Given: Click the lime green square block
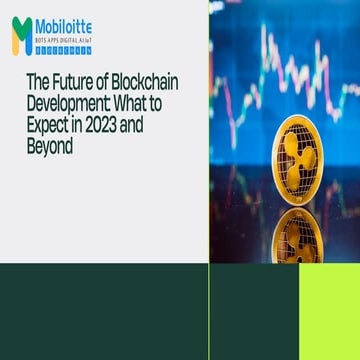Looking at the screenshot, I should pos(329,312).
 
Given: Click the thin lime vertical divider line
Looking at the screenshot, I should pos(209,130).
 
